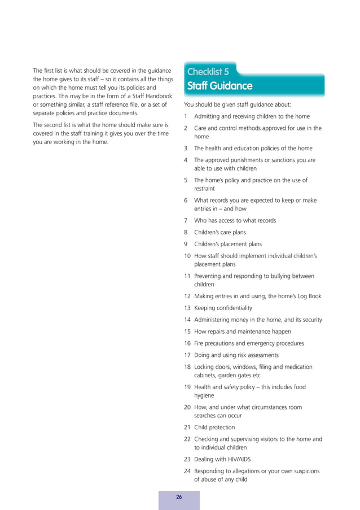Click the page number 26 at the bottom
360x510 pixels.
coord(179,497)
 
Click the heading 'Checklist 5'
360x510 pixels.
coord(208,72)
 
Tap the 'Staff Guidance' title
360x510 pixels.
coord(219,86)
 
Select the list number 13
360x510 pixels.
coord(187,308)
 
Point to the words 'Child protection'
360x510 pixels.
coord(214,428)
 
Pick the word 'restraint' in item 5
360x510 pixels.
coord(205,189)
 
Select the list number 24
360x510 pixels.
coord(187,471)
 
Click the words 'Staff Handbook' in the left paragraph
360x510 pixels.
coord(150,97)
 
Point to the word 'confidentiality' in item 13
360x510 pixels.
coord(232,308)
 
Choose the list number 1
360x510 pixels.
coord(186,116)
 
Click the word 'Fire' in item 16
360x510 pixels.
coord(199,343)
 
